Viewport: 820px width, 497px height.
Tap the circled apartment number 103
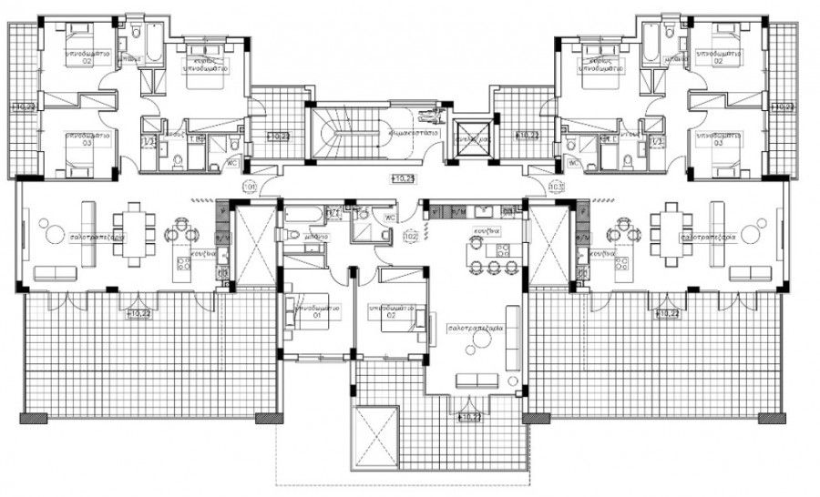click(x=556, y=188)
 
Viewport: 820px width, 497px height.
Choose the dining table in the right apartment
click(x=671, y=234)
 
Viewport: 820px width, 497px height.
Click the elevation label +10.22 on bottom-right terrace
click(x=669, y=314)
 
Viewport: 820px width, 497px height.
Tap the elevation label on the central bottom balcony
click(x=469, y=417)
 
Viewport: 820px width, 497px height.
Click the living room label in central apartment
click(x=470, y=328)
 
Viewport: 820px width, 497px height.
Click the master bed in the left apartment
click(x=209, y=73)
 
